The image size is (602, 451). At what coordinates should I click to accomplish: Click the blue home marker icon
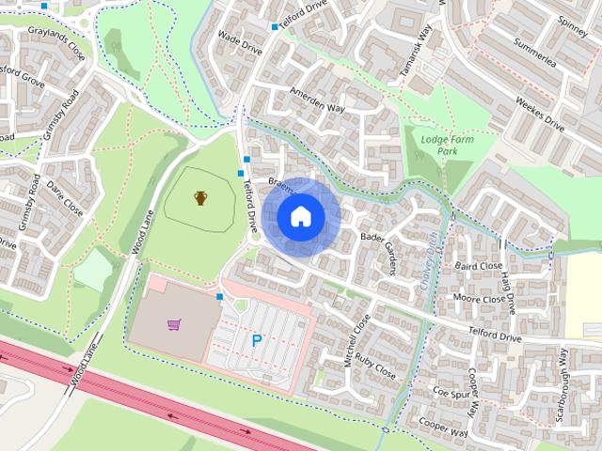coord(301,216)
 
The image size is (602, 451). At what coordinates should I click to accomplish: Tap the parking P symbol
coord(256,341)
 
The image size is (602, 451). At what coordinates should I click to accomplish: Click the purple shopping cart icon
coord(173,325)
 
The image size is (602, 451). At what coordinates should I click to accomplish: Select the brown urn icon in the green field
coord(200,198)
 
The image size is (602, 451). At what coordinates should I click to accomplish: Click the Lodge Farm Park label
coord(438,145)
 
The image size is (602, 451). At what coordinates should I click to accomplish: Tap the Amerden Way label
coord(318,101)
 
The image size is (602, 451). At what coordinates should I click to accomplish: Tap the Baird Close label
coord(479,266)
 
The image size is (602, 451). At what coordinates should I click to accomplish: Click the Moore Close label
coord(479,300)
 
